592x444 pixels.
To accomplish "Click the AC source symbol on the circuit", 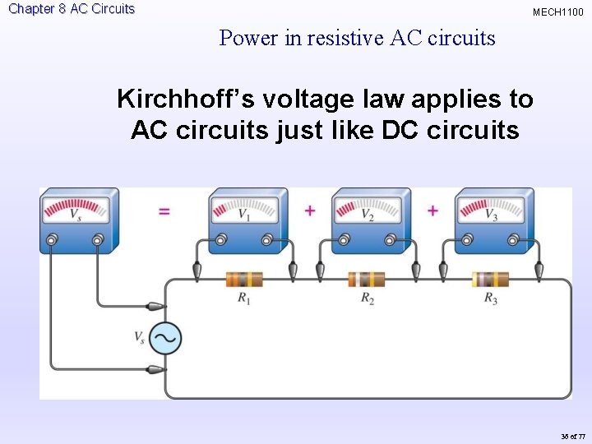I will (x=164, y=338).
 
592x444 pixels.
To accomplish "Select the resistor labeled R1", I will (x=244, y=280).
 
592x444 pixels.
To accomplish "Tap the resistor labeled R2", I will (x=367, y=280).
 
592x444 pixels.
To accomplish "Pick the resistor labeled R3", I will (x=490, y=280).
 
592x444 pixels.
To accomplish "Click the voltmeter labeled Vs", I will (x=76, y=220).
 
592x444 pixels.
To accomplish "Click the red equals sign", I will (x=164, y=211).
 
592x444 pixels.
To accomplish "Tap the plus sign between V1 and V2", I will (x=310, y=210).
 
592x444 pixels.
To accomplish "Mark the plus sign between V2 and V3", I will (x=432, y=210).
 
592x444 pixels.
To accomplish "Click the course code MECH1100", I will (x=557, y=12).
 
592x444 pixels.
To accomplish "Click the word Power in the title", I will (x=247, y=38).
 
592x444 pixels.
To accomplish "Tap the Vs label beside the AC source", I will (x=140, y=336).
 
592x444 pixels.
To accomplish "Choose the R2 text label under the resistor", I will (x=367, y=298).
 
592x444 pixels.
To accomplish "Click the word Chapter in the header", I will (x=31, y=9).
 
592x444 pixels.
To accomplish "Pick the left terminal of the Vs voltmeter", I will (x=53, y=239).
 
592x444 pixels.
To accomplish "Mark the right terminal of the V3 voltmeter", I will (x=514, y=239).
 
